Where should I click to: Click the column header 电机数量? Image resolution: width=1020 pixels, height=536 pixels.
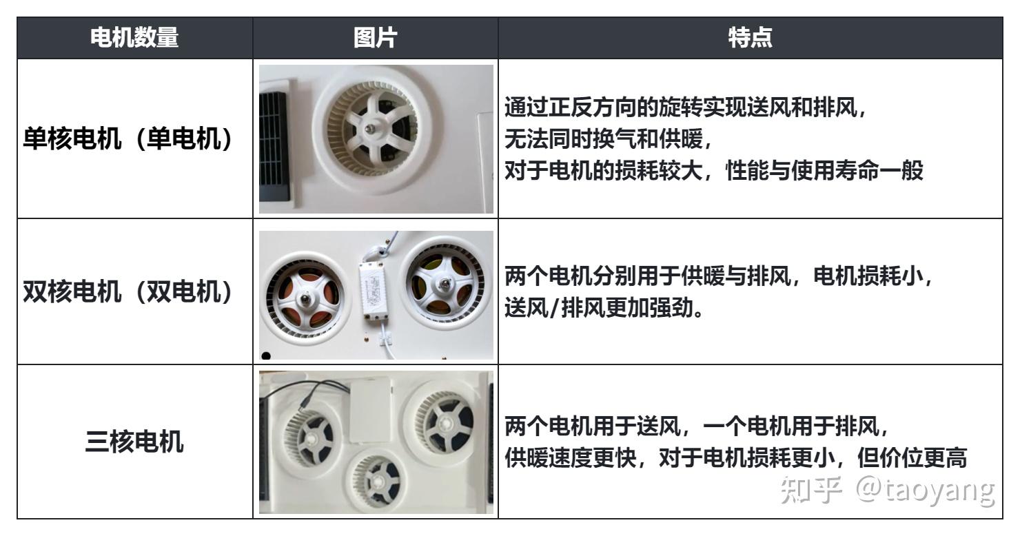click(x=134, y=39)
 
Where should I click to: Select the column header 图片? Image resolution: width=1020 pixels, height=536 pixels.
click(x=374, y=39)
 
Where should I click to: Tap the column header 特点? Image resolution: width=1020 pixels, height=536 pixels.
click(x=750, y=39)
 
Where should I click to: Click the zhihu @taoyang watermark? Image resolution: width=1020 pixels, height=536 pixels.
click(x=886, y=490)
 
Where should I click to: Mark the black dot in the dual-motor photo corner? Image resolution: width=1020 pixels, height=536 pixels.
click(x=266, y=355)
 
